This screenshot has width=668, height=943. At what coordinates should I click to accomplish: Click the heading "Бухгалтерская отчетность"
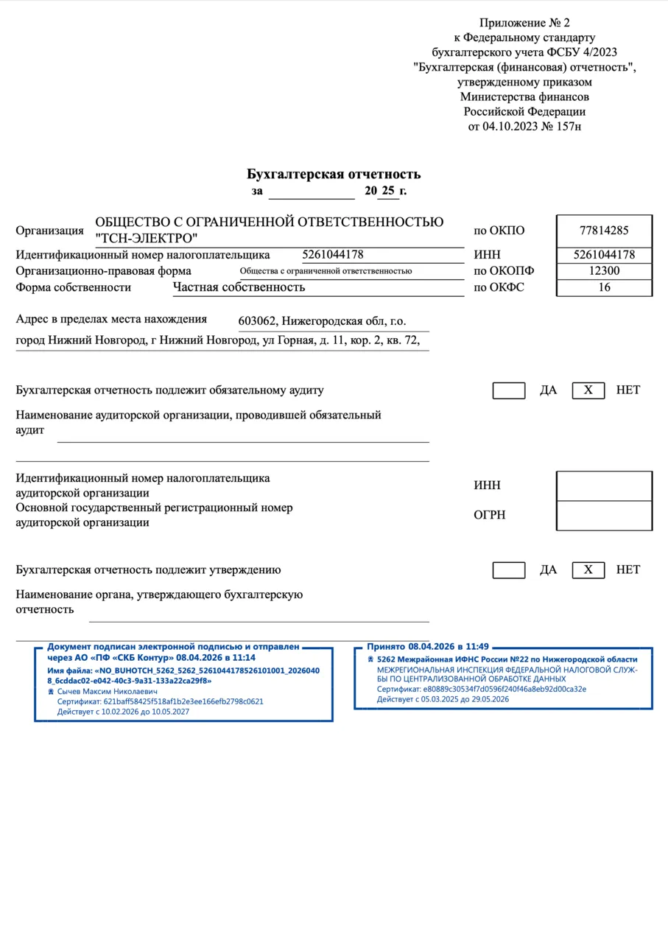[x=334, y=175]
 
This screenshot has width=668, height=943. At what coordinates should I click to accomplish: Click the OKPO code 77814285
[x=604, y=230]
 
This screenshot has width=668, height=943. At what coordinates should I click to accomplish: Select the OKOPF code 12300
[x=604, y=271]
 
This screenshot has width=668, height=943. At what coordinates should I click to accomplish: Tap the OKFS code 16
[x=604, y=287]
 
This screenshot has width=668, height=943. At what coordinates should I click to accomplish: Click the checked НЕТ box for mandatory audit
[x=588, y=390]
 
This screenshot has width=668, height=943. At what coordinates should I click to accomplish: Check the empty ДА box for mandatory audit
[x=509, y=390]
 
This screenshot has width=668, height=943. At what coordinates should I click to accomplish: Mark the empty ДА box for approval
[x=509, y=570]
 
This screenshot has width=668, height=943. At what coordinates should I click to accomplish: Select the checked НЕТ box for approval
[x=588, y=570]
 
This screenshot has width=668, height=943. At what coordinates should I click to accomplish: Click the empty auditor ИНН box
[x=604, y=485]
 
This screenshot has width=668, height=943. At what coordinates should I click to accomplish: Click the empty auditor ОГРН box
[x=604, y=515]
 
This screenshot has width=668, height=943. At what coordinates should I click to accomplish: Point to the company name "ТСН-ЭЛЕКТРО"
[x=147, y=239]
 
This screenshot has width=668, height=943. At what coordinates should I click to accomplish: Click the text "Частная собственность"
[x=239, y=287]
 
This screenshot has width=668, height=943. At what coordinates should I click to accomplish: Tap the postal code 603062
[x=257, y=321]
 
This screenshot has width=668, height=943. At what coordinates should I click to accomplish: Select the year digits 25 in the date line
[x=388, y=191]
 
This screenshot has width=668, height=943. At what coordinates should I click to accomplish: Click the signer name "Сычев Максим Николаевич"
[x=108, y=692]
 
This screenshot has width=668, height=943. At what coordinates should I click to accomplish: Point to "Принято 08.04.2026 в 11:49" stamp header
[x=428, y=646]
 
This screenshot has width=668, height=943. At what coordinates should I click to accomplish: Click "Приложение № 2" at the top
[x=524, y=23]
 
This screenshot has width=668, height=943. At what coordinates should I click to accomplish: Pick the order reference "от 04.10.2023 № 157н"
[x=524, y=126]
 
